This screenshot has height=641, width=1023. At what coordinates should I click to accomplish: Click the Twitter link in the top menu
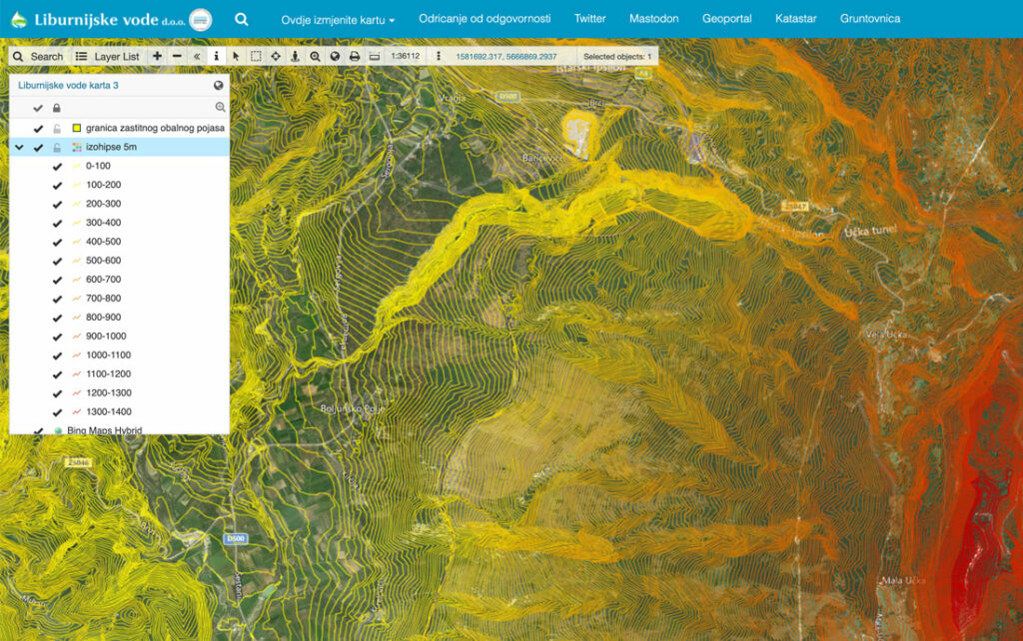coord(589,19)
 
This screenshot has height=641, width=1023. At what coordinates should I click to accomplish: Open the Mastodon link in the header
coord(653,19)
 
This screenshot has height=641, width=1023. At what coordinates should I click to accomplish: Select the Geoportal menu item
coord(726,19)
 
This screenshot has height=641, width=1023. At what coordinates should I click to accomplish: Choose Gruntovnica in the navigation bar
coord(869,19)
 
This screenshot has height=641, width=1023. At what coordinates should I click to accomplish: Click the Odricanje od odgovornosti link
coord(485,19)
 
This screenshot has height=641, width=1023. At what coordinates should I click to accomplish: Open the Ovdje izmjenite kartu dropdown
coord(338,19)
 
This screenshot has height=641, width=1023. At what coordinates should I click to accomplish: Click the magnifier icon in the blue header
coord(241,19)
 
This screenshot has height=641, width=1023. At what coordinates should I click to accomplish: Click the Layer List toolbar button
coord(108,57)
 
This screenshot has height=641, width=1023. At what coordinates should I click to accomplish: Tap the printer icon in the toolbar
coord(354,57)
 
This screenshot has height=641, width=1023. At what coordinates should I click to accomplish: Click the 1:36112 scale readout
coord(405,57)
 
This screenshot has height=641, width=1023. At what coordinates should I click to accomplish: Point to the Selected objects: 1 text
coord(616,57)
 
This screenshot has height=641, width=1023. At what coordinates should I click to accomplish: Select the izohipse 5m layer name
coord(111,147)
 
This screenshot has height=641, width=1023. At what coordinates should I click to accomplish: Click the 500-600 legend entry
coord(103,261)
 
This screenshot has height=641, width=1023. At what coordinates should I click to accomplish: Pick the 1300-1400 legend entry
coord(108,411)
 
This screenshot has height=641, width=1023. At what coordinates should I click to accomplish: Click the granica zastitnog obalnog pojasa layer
coord(155,128)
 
